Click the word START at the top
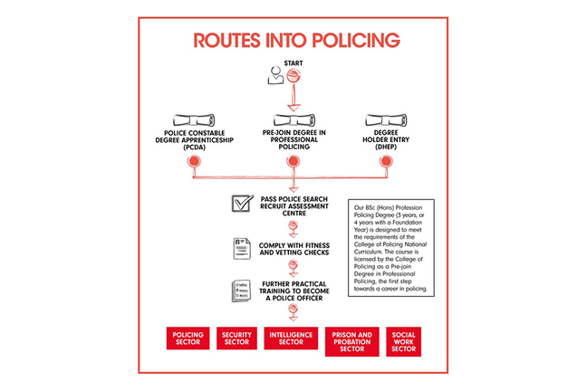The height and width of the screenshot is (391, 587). (x=293, y=62)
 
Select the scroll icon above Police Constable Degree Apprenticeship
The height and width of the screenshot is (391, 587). (x=192, y=119)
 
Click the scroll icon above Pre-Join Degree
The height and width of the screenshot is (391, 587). (x=292, y=119)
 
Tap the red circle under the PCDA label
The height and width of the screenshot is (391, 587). (x=193, y=162)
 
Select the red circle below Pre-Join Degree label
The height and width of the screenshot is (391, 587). (x=292, y=162)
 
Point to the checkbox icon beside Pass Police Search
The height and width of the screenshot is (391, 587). (x=241, y=203)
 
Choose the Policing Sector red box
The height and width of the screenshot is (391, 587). (x=189, y=339)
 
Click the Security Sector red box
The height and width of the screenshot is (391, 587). (x=237, y=339)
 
